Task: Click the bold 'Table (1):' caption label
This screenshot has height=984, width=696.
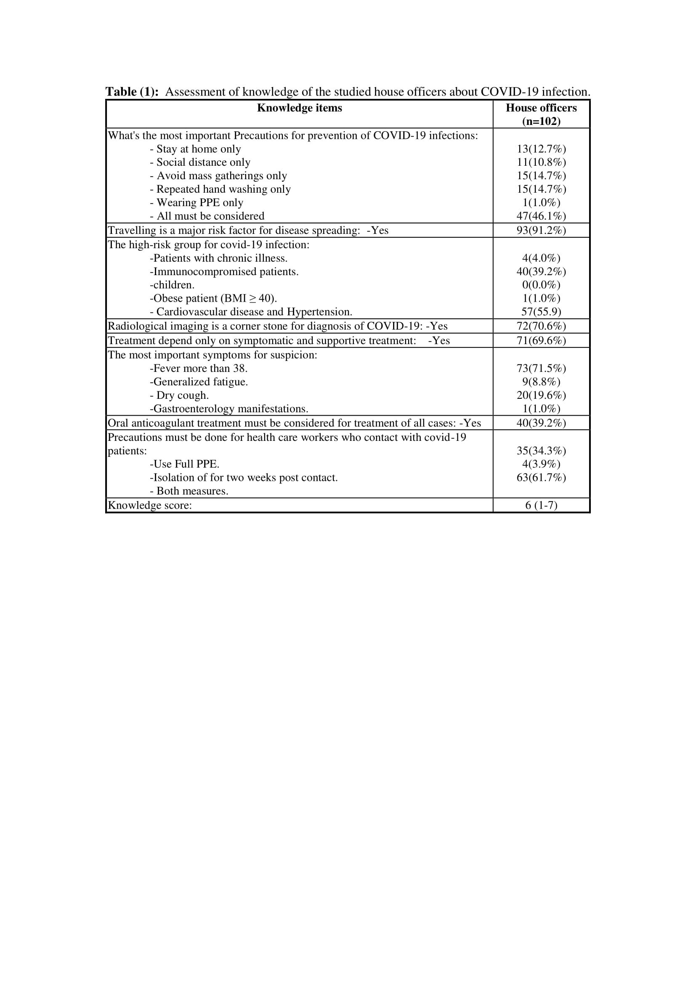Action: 132,92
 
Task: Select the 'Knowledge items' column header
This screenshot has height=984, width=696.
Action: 299,108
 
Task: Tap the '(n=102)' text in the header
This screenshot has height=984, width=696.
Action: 541,121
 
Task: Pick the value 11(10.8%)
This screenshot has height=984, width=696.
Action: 541,162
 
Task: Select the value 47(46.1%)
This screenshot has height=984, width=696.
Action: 541,216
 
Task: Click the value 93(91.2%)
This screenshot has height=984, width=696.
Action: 541,230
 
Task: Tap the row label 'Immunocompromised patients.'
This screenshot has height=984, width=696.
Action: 224,272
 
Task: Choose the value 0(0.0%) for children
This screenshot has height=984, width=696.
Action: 541,285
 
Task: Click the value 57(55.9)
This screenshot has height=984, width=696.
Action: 541,312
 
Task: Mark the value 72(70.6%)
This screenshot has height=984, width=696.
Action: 541,326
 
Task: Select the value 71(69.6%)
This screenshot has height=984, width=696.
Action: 541,341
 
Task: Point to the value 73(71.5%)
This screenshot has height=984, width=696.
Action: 541,368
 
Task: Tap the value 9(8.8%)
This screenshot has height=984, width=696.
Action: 541,382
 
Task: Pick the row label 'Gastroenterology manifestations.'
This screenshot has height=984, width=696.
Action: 229,409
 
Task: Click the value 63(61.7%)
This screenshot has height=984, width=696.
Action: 541,477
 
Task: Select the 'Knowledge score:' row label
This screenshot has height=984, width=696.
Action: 149,505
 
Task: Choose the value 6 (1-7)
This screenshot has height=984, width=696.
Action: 541,505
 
